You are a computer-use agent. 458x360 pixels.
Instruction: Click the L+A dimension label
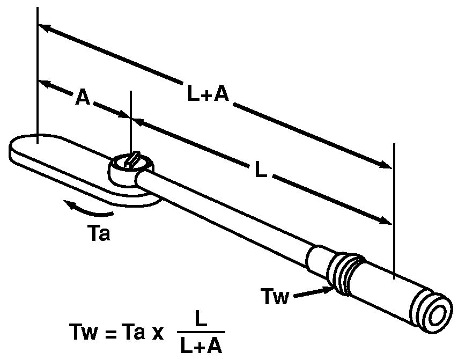tap(208, 95)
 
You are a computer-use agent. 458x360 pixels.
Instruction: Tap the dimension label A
tap(82, 98)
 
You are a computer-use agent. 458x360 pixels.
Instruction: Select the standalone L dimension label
tap(260, 170)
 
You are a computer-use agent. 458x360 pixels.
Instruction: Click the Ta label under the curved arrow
tap(98, 234)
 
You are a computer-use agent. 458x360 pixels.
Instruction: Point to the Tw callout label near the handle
tap(275, 296)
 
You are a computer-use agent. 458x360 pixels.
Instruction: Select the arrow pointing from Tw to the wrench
tap(312, 292)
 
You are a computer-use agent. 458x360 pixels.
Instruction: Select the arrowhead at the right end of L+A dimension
tap(385, 164)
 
